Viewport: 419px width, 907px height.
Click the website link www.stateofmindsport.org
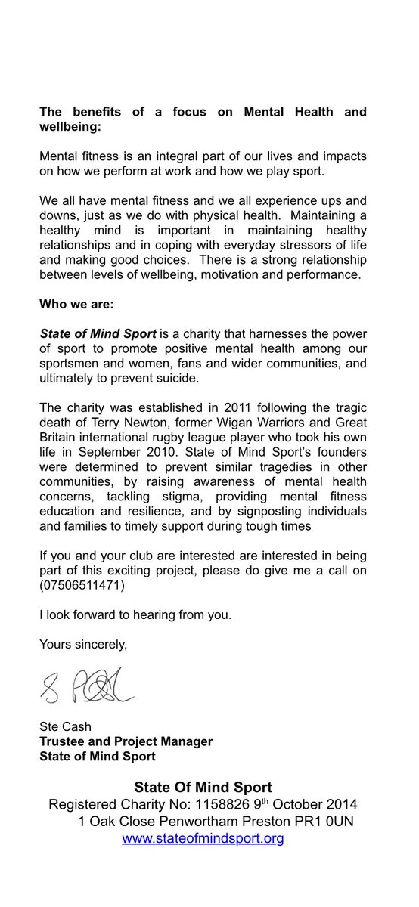click(203, 838)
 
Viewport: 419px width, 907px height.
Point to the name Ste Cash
click(64, 726)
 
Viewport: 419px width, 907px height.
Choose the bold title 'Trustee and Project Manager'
click(126, 741)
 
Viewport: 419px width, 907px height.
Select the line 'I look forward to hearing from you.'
click(135, 614)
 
